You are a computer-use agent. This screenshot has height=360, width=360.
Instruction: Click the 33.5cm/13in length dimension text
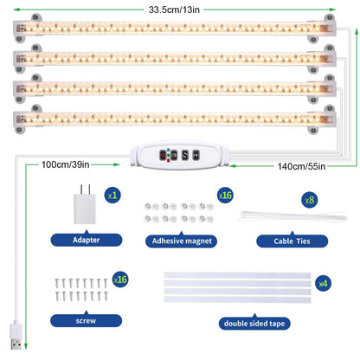pos(174,10)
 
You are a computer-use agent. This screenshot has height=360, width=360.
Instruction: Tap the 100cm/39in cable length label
pos(65,164)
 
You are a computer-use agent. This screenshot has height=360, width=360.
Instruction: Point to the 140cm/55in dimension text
pos(301,166)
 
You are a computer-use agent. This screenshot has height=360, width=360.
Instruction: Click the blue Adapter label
pos(87,240)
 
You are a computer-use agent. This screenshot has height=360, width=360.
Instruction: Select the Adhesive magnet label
pos(182,241)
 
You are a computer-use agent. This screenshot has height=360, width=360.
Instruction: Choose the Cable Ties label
pos(292,241)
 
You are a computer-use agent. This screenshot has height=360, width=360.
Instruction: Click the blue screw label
pos(86,320)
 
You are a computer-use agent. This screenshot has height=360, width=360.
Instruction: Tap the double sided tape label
pos(254,324)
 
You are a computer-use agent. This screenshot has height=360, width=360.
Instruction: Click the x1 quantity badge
pos(112,196)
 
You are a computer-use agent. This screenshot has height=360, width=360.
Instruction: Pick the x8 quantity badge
pos(310,200)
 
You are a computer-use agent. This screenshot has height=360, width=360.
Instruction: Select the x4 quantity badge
pos(323,284)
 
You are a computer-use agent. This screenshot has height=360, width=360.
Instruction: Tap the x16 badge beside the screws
pos(120,280)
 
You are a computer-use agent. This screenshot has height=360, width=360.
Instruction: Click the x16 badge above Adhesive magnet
pos(225,196)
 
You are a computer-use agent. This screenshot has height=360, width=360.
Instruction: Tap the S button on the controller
pos(185,155)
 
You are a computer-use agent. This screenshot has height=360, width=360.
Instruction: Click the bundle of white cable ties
pos(292,216)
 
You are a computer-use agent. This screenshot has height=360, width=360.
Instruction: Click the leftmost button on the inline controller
pos(163,155)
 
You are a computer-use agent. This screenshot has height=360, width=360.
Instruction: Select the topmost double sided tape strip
pos(237,275)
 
